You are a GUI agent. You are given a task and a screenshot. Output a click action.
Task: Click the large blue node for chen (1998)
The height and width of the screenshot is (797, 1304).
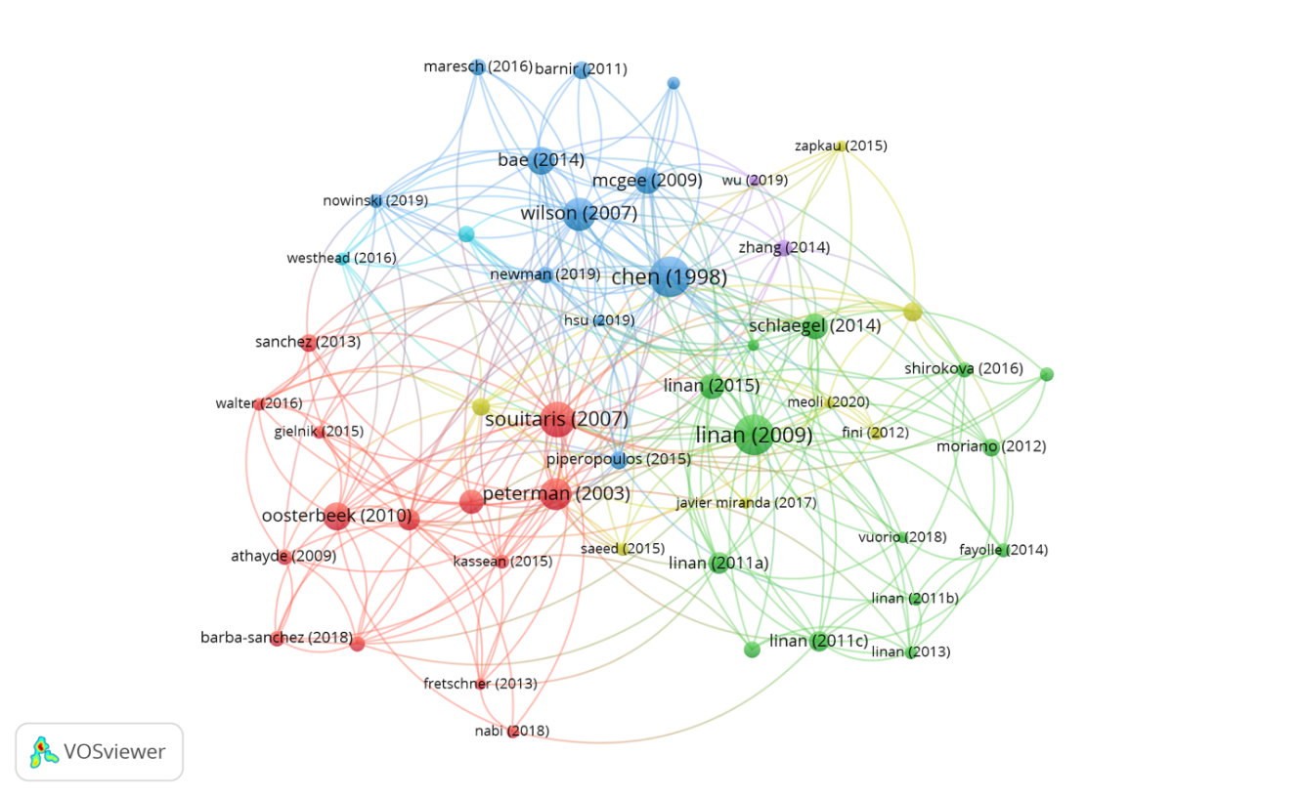tap(670, 277)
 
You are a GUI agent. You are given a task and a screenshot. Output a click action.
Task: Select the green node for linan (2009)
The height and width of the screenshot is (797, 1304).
tap(754, 434)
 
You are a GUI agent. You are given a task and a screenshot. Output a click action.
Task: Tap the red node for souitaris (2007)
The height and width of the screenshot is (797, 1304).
tap(557, 419)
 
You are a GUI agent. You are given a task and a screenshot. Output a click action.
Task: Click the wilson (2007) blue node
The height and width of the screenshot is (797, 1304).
tap(579, 214)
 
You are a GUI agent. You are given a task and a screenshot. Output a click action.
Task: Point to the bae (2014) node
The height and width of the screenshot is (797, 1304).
tap(542, 160)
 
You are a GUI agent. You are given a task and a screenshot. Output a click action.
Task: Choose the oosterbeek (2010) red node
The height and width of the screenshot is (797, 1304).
tap(337, 516)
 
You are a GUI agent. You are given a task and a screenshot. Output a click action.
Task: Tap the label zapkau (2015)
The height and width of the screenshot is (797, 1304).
tap(841, 146)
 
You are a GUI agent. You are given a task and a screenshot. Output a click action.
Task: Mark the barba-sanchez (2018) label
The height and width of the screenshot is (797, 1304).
tap(277, 638)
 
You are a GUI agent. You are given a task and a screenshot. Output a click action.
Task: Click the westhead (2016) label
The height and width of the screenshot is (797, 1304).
tap(341, 258)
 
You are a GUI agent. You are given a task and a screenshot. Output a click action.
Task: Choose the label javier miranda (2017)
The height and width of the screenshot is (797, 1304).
tap(746, 503)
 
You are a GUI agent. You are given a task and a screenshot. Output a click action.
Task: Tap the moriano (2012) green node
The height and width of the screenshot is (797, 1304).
tap(991, 447)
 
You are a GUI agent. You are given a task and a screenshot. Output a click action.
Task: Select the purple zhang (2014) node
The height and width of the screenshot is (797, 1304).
tap(783, 247)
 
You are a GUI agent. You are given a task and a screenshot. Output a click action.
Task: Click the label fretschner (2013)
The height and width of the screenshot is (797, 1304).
tap(480, 684)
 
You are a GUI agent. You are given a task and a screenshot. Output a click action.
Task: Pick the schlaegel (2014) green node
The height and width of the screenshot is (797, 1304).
tap(815, 326)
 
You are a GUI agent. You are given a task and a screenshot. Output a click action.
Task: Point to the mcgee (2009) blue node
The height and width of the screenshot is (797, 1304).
tap(647, 180)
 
